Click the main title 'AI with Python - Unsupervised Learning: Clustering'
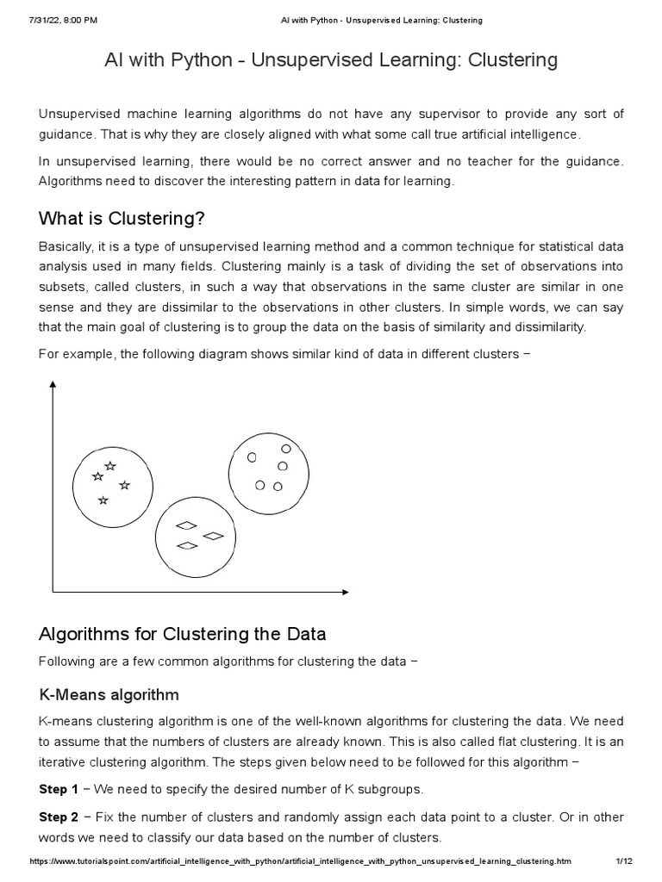tap(331, 60)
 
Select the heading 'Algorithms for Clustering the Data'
tap(183, 634)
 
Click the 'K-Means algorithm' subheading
tap(109, 694)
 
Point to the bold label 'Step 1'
tap(59, 789)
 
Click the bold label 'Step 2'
tap(59, 817)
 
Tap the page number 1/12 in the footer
tap(624, 861)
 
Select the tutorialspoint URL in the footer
tap(300, 861)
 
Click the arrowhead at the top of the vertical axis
tap(53, 385)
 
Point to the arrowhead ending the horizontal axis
tap(345, 592)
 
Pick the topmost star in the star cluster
tap(110, 466)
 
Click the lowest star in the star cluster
tap(103, 500)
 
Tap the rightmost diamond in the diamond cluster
tap(213, 536)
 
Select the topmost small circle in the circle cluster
tap(286, 449)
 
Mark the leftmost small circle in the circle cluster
tap(252, 458)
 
